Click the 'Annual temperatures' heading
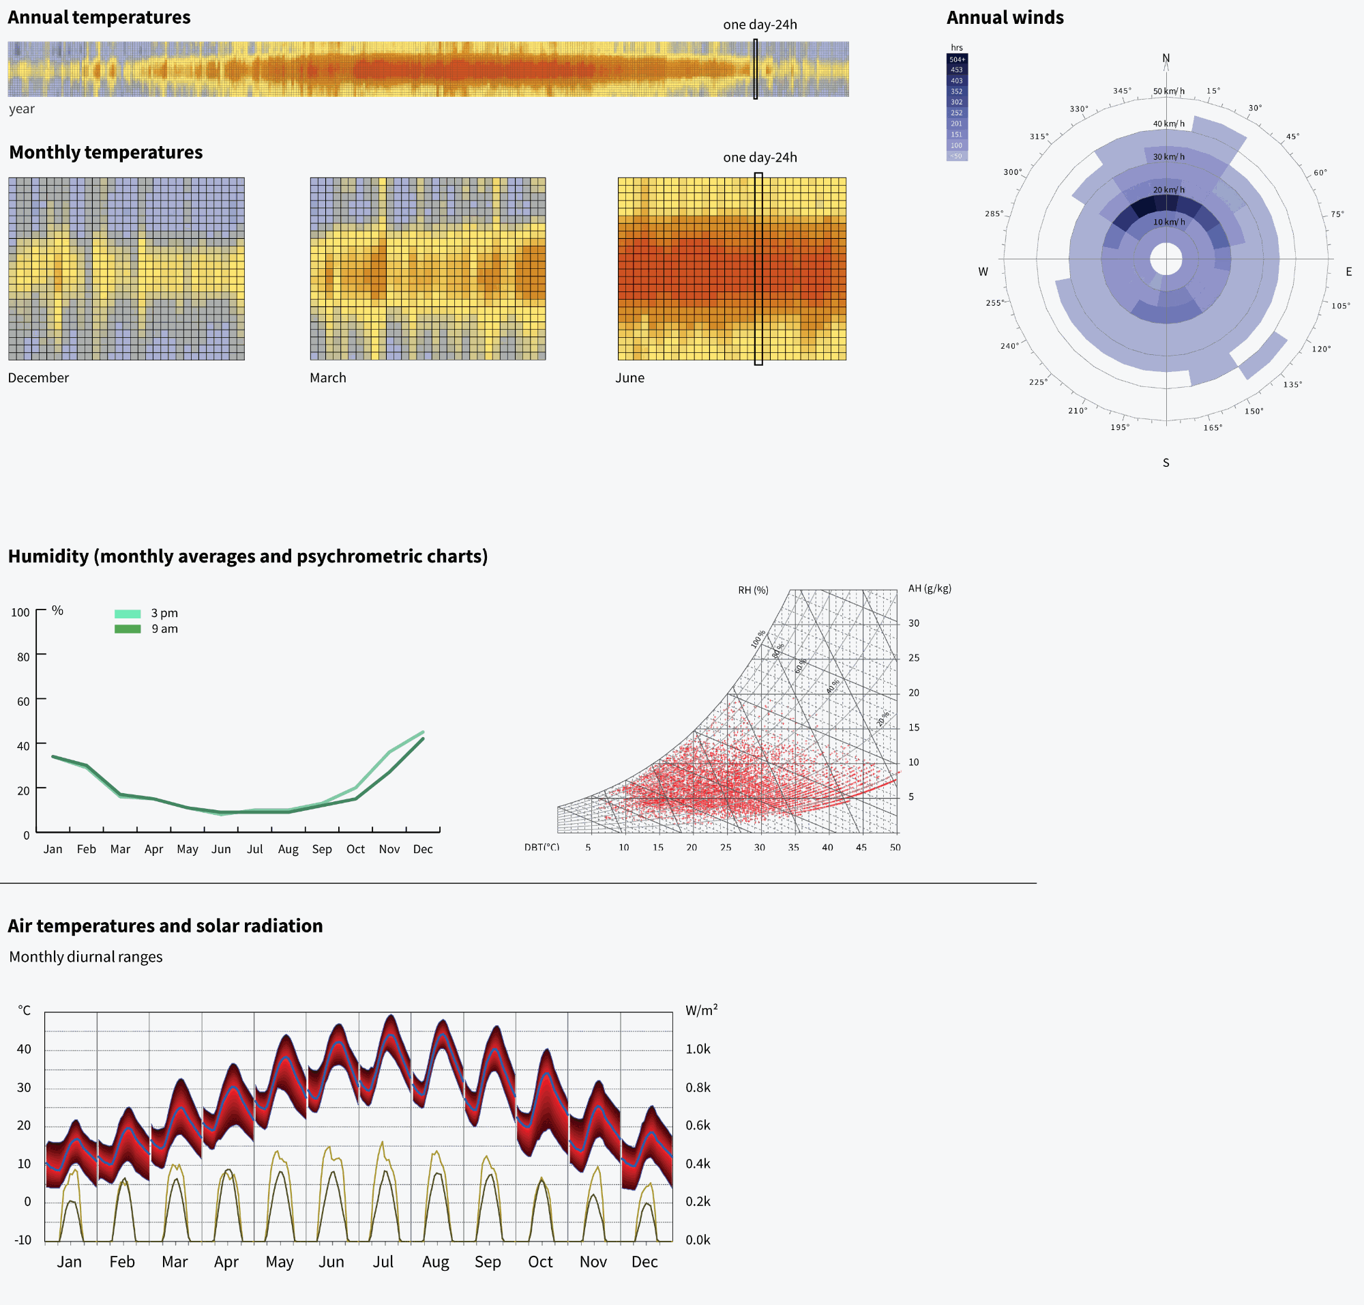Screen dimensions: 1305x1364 [x=99, y=17]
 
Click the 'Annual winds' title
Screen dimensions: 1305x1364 [x=1005, y=17]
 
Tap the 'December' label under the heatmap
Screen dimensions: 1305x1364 [x=38, y=377]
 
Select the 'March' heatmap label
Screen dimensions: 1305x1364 [x=327, y=377]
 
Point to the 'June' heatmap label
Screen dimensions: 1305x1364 [x=629, y=377]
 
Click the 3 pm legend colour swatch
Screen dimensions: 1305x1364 [x=128, y=614]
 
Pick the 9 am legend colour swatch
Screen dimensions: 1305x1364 [x=128, y=629]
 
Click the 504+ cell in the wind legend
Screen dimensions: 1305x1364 [x=957, y=59]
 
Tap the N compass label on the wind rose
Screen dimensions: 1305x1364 [x=1166, y=58]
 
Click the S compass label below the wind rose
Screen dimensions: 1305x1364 [x=1166, y=463]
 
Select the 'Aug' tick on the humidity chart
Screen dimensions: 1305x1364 [x=288, y=849]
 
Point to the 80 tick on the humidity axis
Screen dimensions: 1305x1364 [x=23, y=657]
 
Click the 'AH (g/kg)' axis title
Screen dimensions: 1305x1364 [x=930, y=588]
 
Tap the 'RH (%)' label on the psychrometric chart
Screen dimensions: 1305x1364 [x=753, y=590]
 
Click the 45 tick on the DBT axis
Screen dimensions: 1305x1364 [x=861, y=847]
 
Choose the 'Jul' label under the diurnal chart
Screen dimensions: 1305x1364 [x=383, y=1262]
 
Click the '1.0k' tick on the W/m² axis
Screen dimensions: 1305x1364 [x=697, y=1049]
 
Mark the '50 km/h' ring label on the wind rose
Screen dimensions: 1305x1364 [x=1169, y=91]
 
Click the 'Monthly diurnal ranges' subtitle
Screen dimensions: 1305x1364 [x=85, y=956]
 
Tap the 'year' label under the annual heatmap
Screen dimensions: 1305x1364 [x=22, y=109]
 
